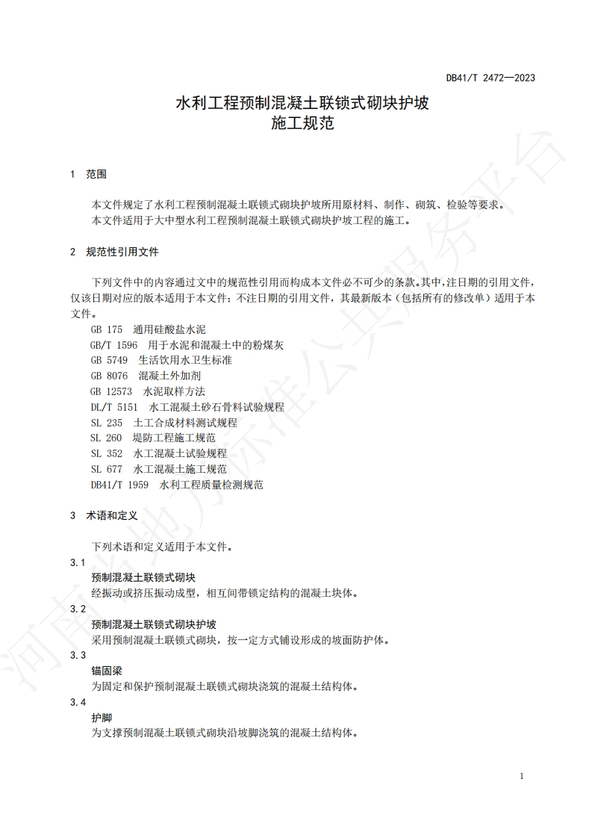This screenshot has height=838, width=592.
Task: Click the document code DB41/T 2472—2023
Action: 490,78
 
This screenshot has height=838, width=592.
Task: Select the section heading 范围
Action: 96,174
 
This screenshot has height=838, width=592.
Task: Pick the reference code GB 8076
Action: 109,376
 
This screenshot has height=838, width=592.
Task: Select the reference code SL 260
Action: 107,438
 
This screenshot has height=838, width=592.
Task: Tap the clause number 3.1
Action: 78,562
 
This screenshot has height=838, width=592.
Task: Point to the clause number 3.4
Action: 78,702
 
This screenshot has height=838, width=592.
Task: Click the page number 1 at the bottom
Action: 521,776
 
